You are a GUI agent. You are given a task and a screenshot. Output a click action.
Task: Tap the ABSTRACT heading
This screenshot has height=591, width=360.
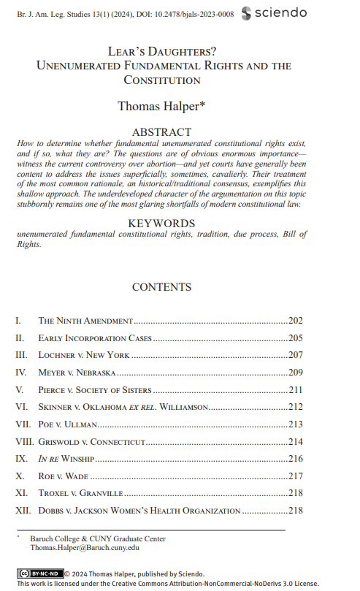(x=161, y=132)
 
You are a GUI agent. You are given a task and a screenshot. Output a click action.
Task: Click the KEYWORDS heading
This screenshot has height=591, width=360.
(x=161, y=223)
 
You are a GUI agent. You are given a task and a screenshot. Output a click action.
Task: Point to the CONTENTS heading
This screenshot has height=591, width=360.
(x=161, y=287)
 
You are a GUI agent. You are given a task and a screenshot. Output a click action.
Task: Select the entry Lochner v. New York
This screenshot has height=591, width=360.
(x=84, y=355)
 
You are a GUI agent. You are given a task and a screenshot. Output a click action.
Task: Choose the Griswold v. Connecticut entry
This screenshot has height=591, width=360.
(x=93, y=442)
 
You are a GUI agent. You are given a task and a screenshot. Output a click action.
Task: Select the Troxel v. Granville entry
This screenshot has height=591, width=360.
(x=81, y=494)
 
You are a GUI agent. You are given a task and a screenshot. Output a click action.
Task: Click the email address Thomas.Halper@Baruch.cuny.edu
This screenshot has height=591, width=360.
(x=84, y=547)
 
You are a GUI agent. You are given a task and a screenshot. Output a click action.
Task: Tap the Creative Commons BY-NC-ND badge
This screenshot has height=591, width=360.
(x=40, y=573)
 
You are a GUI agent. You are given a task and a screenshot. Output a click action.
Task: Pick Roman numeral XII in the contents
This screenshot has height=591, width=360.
(x=23, y=511)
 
